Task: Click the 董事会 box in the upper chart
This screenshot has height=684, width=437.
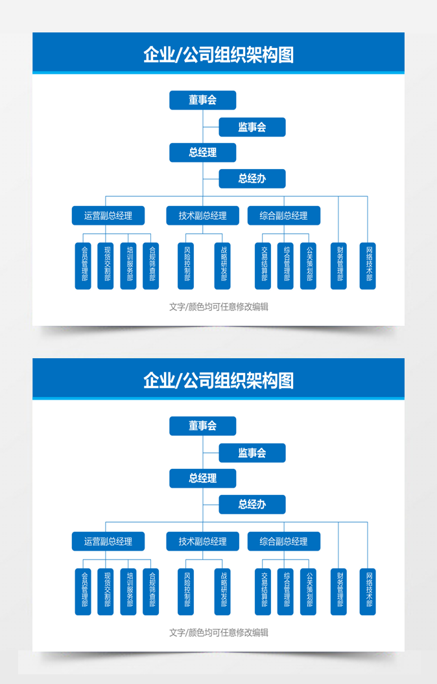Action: (202, 100)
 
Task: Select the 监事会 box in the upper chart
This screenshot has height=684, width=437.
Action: (252, 127)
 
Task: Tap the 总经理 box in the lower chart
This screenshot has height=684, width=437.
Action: (202, 478)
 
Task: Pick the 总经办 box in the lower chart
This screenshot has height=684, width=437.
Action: (252, 505)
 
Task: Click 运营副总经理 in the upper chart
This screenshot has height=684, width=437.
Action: (108, 216)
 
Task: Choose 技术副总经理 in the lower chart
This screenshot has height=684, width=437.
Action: (202, 541)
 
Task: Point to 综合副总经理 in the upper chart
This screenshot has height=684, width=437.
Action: (283, 216)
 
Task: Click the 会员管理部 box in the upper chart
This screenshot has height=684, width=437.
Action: (83, 266)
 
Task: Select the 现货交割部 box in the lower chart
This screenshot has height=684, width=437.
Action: (106, 591)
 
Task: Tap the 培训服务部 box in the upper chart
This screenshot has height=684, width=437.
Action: (128, 266)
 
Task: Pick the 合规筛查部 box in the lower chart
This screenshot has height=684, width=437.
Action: (150, 591)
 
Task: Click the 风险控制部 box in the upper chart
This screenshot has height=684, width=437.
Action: (186, 266)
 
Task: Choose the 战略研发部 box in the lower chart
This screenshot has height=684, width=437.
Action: (222, 591)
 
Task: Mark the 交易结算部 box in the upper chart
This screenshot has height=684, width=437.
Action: (263, 266)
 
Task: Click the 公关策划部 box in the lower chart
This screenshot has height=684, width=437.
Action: (308, 591)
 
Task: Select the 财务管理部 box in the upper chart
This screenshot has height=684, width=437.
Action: (338, 266)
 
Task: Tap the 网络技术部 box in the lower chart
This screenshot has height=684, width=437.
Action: (368, 591)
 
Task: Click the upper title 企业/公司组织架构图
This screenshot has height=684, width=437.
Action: (218, 54)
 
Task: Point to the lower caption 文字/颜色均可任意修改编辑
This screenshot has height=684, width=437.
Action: (218, 632)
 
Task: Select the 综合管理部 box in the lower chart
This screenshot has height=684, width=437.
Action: (285, 591)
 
